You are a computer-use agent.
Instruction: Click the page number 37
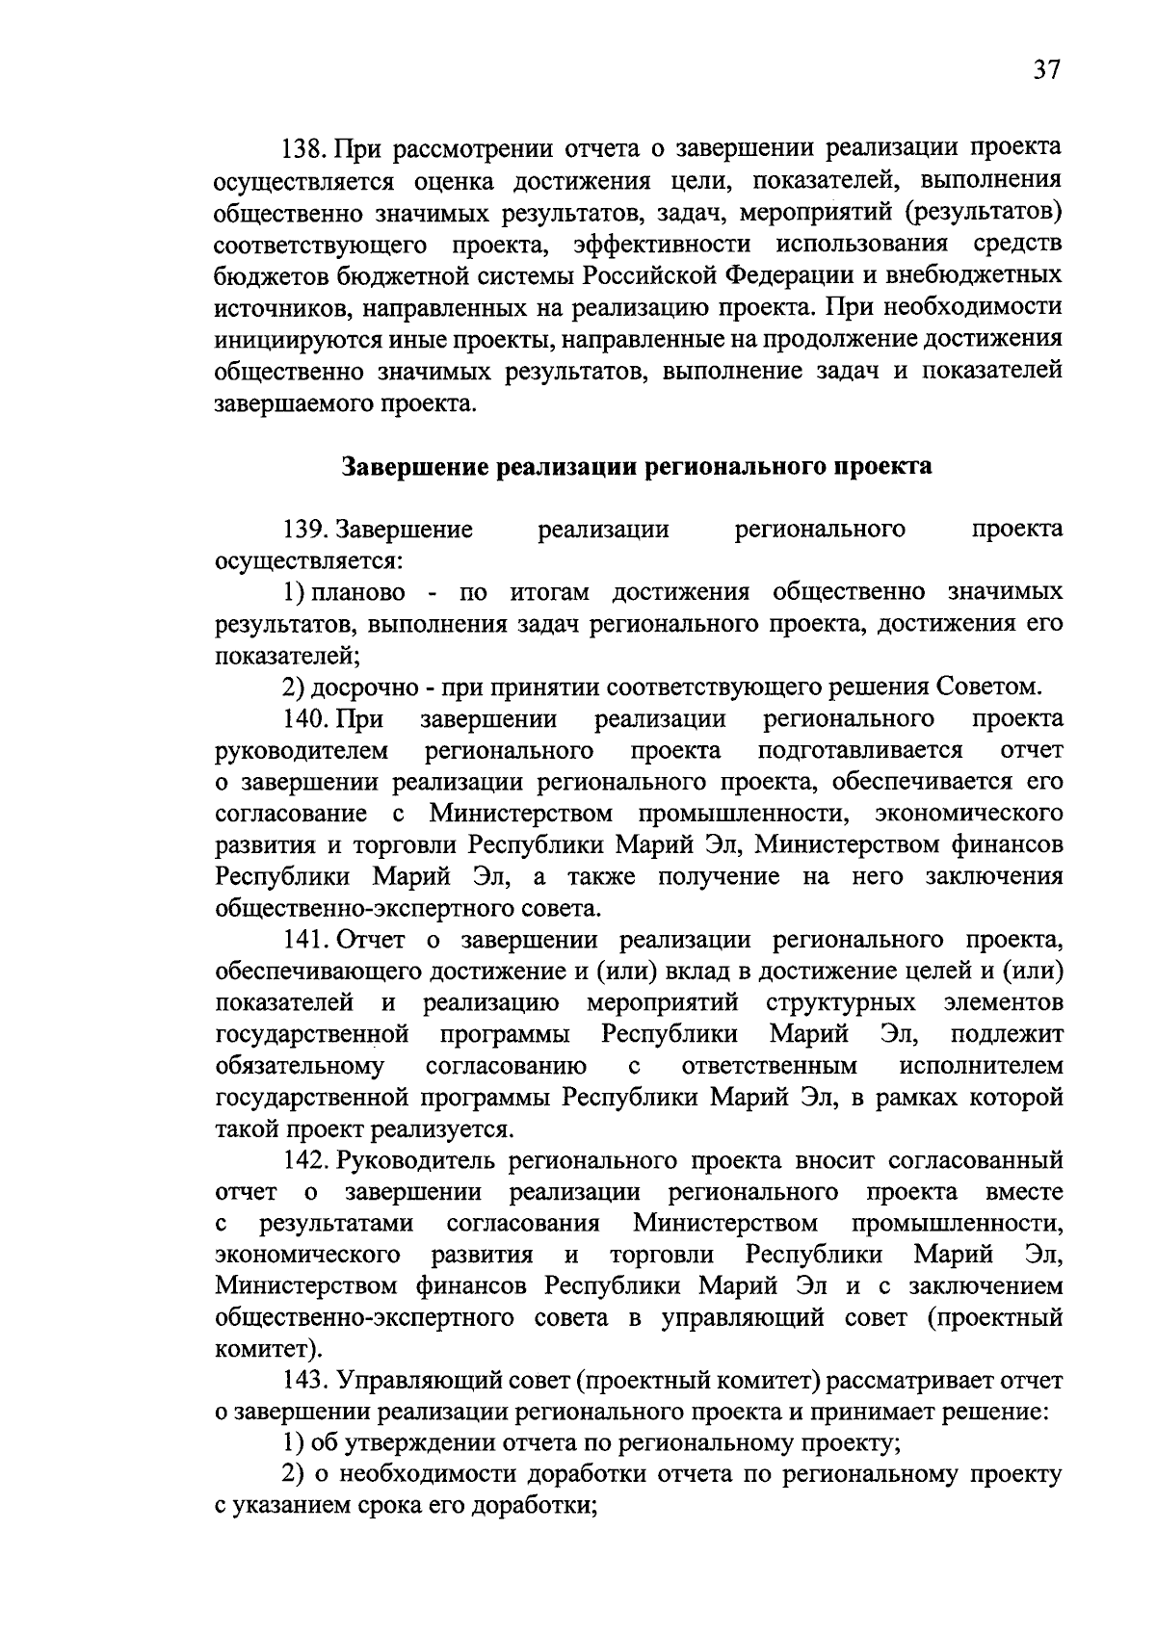point(1046,70)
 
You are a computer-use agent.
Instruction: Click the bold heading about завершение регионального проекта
point(637,467)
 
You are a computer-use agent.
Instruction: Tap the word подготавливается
point(860,750)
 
